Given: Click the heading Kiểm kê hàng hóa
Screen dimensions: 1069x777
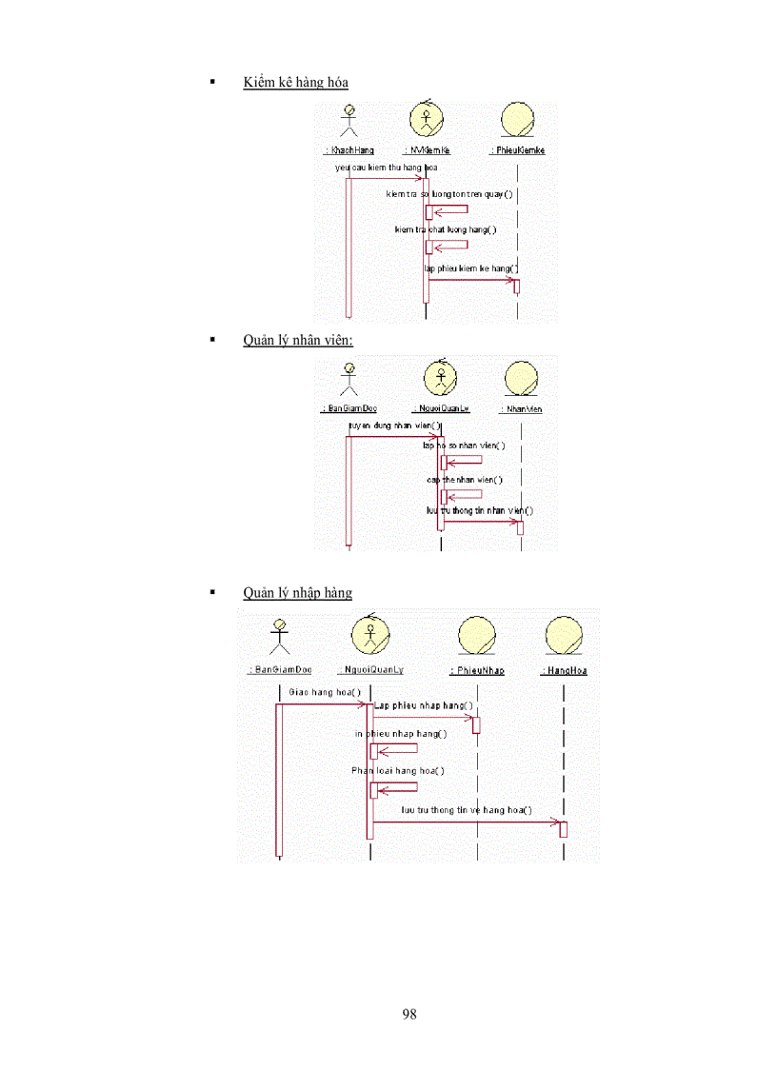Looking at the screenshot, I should (x=295, y=83).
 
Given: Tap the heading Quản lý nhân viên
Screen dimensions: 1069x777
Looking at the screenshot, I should (x=298, y=340).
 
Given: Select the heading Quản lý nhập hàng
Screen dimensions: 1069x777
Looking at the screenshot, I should (x=297, y=593).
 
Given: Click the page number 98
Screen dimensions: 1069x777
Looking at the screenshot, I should (x=409, y=1014).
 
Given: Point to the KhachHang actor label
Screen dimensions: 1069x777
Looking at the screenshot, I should (x=349, y=150).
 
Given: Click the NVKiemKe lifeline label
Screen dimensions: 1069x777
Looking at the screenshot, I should (x=428, y=150).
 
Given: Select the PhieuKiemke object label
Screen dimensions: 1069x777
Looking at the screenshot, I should (x=517, y=150).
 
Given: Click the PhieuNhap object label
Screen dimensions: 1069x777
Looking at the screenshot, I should (x=477, y=670).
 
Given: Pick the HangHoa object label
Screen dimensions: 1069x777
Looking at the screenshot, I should (x=564, y=670).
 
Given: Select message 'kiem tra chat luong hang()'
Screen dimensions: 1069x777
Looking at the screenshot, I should (x=446, y=229).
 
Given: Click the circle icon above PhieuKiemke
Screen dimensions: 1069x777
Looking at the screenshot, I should (x=517, y=120).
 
